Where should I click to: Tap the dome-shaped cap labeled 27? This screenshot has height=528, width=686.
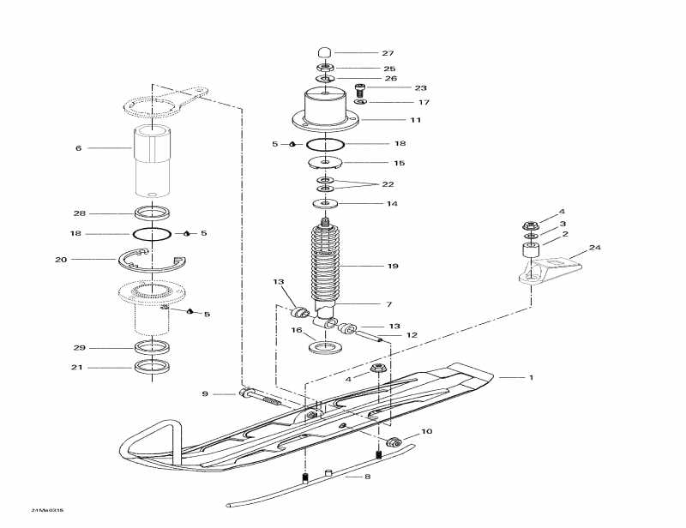point(325,51)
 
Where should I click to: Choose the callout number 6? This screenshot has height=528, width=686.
point(78,148)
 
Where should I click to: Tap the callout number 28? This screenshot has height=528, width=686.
point(78,213)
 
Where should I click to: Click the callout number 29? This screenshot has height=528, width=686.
point(78,348)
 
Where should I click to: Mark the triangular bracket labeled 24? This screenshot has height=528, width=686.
point(549,267)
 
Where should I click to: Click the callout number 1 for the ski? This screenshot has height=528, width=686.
point(531,377)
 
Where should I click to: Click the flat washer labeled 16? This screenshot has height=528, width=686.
point(326,348)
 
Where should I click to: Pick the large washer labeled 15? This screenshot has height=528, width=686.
point(326,162)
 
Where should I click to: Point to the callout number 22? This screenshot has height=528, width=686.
point(388,184)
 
